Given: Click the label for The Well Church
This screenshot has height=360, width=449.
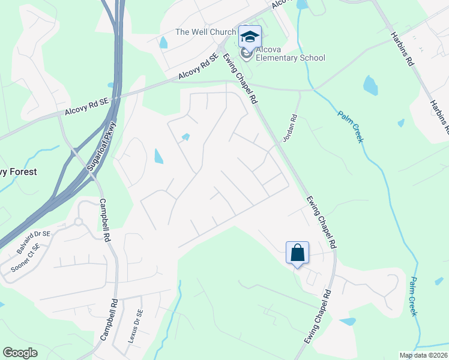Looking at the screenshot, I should tap(205, 32).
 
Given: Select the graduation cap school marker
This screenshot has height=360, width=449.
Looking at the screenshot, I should tap(250, 37).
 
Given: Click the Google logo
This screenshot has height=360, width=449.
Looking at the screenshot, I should tap(20, 353).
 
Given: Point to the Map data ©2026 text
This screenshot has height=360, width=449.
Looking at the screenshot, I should tap(423, 355).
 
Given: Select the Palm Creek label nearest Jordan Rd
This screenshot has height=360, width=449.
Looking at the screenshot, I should tap(350, 127).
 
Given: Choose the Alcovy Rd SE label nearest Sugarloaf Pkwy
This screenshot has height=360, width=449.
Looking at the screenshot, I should tap(86, 107).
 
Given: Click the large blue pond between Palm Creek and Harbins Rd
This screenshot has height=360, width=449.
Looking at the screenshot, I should tap(370, 85).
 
